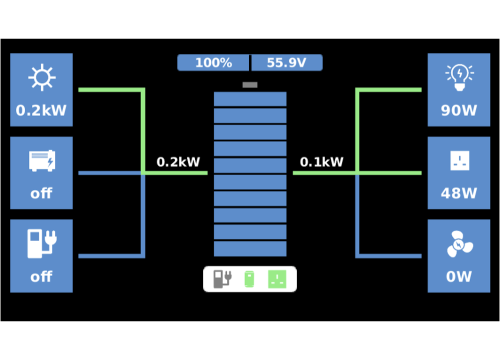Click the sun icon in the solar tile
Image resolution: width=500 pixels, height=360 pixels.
(41, 77)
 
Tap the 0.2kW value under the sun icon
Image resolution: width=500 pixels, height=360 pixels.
(41, 110)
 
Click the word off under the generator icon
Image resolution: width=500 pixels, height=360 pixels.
(41, 193)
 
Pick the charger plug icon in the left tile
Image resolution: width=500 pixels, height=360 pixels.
(41, 243)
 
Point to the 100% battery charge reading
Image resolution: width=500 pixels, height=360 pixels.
(213, 63)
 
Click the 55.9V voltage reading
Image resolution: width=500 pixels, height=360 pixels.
(286, 63)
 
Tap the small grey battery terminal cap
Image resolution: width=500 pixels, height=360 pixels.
(250, 85)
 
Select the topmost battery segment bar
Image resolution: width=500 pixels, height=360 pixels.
(250, 99)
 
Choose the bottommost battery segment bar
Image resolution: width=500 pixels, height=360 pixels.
(250, 248)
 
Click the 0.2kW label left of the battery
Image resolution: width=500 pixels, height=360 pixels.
(178, 162)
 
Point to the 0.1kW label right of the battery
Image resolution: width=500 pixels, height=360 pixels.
(321, 162)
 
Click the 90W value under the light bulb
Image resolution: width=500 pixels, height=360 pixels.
(459, 110)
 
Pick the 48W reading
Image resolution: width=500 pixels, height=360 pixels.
(459, 193)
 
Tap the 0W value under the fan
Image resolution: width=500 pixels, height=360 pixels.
(459, 276)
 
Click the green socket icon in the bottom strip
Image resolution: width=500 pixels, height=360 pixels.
(277, 278)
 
